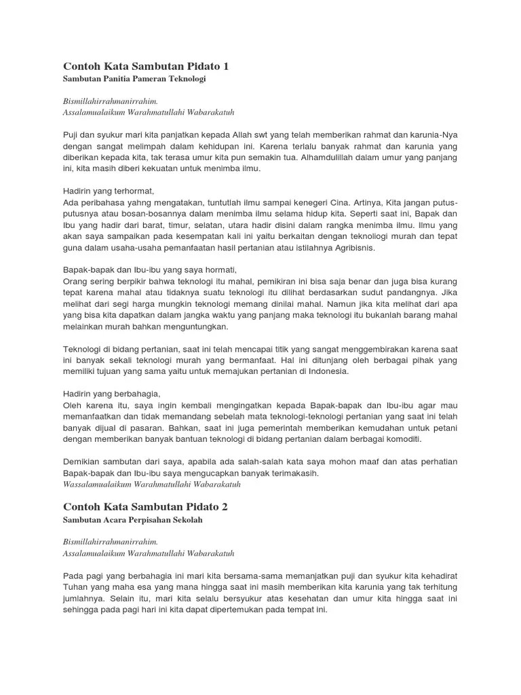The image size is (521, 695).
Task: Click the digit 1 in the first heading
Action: (225, 66)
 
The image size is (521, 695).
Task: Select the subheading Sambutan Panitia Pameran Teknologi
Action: (134, 79)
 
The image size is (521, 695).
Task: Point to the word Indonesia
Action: (326, 371)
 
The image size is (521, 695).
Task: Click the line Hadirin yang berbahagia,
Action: (111, 394)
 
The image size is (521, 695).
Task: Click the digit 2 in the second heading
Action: (225, 507)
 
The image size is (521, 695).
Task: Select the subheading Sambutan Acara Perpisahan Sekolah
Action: (133, 521)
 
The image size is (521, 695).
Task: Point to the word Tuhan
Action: (76, 586)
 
